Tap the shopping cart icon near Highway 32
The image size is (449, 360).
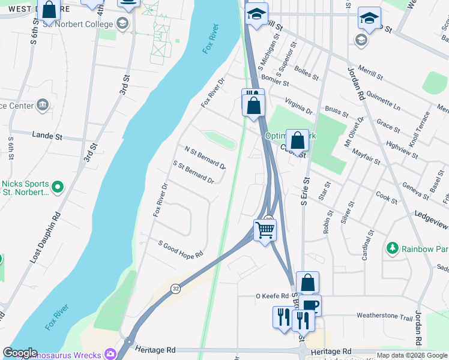tap(265, 229)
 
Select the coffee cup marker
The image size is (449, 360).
tap(310, 305)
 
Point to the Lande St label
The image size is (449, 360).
tap(47, 136)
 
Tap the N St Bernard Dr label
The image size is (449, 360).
tap(205, 157)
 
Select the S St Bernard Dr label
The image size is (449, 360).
tap(193, 172)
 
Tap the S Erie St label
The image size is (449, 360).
tap(304, 191)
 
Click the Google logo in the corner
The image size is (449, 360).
tap(20, 353)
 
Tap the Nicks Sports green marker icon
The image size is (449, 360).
tap(58, 187)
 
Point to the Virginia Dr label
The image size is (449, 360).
tap(298, 107)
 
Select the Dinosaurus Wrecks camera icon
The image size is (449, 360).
tap(110, 353)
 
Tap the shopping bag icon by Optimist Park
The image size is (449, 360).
tap(297, 142)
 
